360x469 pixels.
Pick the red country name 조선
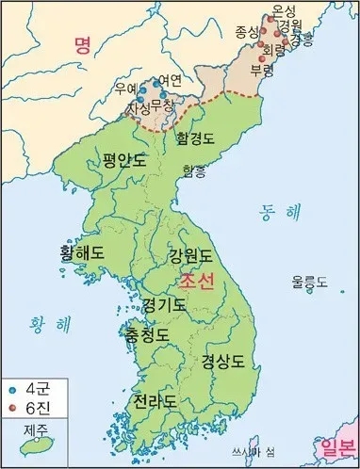(198, 282)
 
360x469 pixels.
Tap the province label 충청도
(148, 334)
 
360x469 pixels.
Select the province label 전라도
(155, 401)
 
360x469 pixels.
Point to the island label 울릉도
(309, 281)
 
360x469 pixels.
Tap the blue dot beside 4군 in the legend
(12, 387)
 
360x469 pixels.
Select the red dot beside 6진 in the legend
(12, 406)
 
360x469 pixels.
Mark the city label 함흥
(193, 170)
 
